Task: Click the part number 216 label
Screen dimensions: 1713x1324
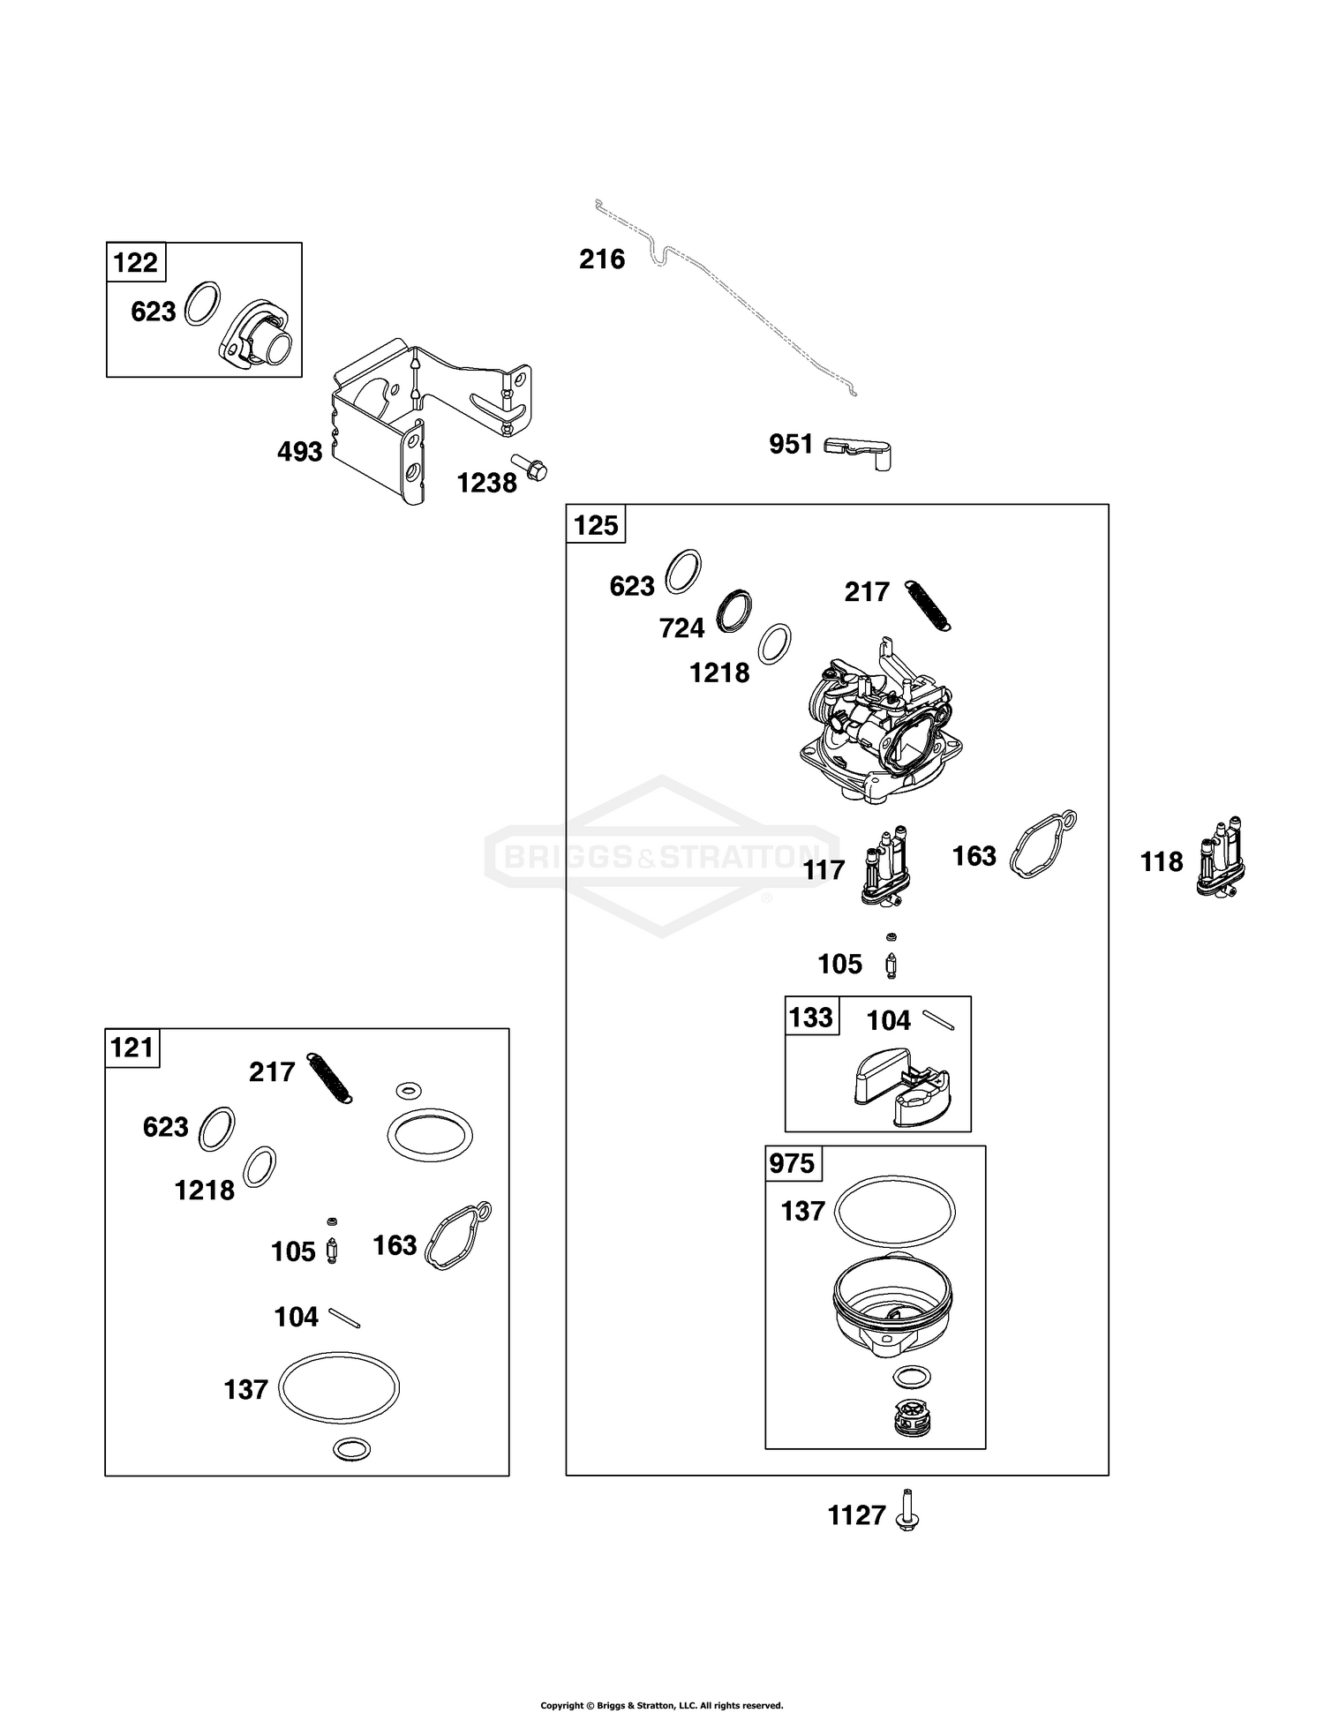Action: (602, 259)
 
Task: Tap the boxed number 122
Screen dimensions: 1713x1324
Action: (136, 263)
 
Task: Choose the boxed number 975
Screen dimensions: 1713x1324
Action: (792, 1164)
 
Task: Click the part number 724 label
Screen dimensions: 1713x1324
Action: (682, 628)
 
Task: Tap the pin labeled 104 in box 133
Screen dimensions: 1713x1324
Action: (938, 1020)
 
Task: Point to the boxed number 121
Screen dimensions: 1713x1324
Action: (132, 1048)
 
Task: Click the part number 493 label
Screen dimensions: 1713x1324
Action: (300, 453)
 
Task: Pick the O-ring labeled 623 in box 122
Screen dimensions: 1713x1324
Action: (203, 304)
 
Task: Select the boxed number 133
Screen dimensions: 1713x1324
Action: (811, 1017)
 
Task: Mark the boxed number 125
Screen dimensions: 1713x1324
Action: (596, 525)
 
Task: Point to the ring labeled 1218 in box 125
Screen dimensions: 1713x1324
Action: (774, 644)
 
